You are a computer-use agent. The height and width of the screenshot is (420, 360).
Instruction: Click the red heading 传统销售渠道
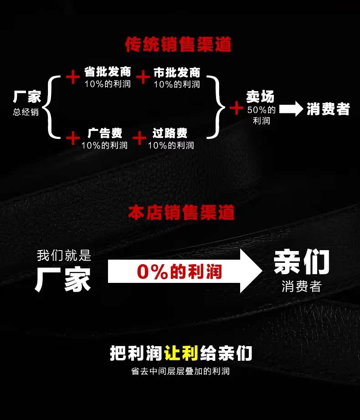(178, 45)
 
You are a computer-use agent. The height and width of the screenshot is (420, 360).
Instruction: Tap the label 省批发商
(108, 72)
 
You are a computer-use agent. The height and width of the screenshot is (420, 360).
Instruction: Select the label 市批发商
(177, 72)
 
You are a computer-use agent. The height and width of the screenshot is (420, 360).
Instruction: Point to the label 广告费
(105, 133)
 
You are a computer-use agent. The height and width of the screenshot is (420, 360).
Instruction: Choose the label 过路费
(170, 133)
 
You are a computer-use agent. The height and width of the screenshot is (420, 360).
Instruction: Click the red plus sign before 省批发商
(72, 77)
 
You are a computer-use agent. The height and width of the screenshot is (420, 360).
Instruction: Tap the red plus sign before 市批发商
(143, 77)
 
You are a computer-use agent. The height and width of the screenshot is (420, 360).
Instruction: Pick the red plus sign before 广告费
(72, 138)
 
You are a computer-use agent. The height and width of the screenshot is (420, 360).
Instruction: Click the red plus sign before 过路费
(139, 138)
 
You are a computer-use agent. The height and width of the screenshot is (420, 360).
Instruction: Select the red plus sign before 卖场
(236, 108)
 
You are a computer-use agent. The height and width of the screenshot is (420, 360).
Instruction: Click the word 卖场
(261, 97)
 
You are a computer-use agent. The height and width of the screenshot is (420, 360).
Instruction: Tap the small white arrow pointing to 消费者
(291, 109)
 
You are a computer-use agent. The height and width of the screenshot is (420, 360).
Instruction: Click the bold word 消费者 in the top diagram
(328, 109)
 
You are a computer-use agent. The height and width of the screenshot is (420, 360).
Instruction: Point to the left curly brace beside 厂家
(51, 108)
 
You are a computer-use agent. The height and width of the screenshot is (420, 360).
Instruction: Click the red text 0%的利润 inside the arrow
(179, 272)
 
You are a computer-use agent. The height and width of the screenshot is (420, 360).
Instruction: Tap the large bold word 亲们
(301, 262)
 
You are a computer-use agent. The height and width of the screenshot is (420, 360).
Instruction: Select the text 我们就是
(64, 255)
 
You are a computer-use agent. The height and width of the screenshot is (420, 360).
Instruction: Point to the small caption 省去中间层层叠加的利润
(180, 371)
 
